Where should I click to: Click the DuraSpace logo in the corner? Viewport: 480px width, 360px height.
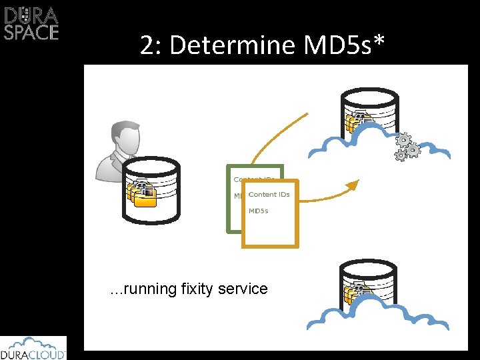(31, 23)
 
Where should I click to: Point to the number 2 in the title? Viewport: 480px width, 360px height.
(146, 45)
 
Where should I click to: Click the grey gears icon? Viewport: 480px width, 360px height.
(407, 147)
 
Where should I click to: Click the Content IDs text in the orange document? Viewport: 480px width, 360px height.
(269, 195)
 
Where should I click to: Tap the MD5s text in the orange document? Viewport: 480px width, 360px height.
(259, 211)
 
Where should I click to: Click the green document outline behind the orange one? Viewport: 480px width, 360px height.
(234, 213)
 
